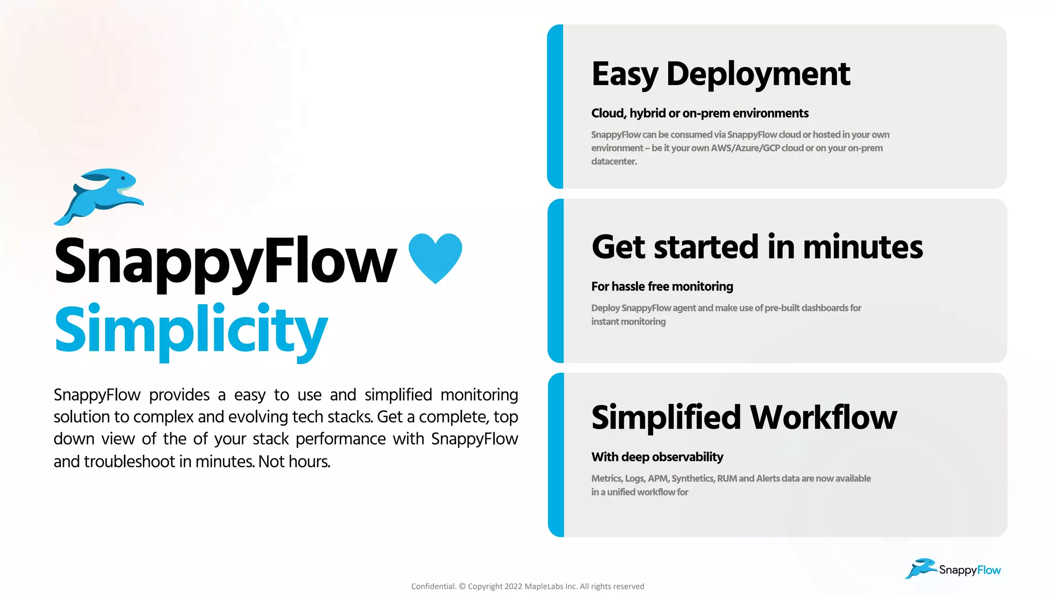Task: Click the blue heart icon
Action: click(x=435, y=257)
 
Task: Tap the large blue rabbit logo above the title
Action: click(x=100, y=196)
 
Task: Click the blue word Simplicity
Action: click(x=191, y=330)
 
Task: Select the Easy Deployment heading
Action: click(x=720, y=74)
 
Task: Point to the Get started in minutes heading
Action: click(x=757, y=247)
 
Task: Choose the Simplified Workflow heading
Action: click(x=744, y=417)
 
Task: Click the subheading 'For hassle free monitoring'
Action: click(x=662, y=286)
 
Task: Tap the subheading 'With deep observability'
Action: click(x=657, y=457)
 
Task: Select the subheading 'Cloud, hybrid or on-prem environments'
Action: click(x=700, y=113)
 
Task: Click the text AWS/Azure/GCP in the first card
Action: click(x=745, y=148)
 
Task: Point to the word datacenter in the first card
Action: click(x=614, y=161)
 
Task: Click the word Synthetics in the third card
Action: click(x=692, y=478)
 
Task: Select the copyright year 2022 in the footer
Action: click(x=513, y=586)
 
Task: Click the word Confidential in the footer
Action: click(x=434, y=586)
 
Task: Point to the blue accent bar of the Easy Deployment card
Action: click(x=555, y=106)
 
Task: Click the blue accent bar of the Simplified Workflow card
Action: click(x=556, y=455)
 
